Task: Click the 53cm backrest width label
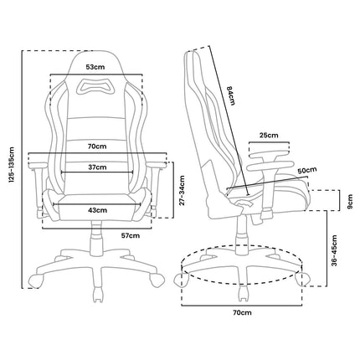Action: pos(95,67)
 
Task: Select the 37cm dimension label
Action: pos(97,167)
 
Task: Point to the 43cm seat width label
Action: pos(97,210)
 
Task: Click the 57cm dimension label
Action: pos(131,236)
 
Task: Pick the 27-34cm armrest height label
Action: pos(182,190)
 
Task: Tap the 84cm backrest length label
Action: pos(230,95)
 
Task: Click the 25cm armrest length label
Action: pos(269,136)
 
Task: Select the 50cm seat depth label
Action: pos(307,171)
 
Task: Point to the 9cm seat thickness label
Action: pos(350,201)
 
